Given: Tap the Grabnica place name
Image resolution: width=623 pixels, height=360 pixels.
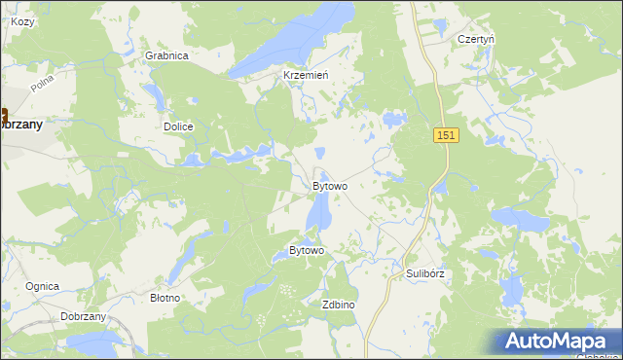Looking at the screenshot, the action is pos(166,55).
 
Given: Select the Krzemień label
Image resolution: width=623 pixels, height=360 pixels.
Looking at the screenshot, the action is pos(305,75).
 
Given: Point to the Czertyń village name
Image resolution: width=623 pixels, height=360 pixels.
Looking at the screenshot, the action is pos(476,39).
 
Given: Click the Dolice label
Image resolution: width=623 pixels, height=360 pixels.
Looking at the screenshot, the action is pos(178,126).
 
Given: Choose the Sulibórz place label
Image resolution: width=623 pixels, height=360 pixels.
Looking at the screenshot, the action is pos(424,273).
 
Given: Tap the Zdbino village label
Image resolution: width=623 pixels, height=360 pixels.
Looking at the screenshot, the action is pos(338,305).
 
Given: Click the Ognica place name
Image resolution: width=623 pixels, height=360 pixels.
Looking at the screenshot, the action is pos(43,286).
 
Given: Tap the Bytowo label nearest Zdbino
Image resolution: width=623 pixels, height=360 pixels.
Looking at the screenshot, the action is pos(306,250).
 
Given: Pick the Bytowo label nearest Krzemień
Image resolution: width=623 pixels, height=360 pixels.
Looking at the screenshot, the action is pos(330,185).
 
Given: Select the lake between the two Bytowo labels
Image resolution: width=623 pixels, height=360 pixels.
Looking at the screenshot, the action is pos(318,212).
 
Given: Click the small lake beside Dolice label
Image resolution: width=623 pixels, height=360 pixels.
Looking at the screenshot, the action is pos(154,94).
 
